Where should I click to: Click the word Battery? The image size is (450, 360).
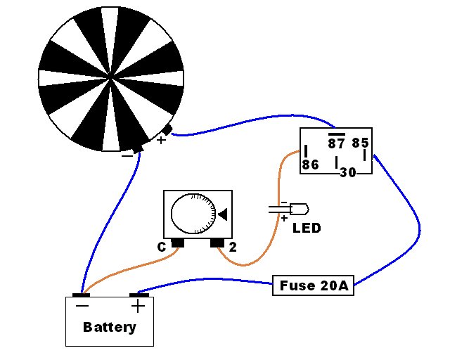pos(110,327)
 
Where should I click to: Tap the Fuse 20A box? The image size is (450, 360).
pos(313,285)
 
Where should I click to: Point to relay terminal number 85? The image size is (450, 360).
pos(360,143)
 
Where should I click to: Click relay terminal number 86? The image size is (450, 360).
pos(310,165)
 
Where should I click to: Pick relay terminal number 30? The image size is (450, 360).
pos(348,172)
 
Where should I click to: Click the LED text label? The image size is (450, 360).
pos(307,229)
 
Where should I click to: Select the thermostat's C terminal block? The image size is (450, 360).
pos(178,243)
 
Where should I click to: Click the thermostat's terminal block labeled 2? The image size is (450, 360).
pos(217,243)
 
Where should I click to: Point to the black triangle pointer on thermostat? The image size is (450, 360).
pos(223,214)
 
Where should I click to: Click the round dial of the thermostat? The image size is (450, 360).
pos(193,213)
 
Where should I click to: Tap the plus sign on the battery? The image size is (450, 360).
pos(138,306)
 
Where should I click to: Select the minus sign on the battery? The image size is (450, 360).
pos(82,306)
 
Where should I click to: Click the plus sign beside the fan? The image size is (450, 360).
pos(161,140)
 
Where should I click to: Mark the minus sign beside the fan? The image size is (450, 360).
pos(127,156)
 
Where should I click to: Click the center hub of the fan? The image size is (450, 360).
pos(111,78)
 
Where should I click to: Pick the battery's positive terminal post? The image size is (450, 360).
pos(139,295)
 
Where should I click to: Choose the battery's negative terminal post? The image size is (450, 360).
pos(82,295)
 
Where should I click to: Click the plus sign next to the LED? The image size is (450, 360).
pos(284,219)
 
